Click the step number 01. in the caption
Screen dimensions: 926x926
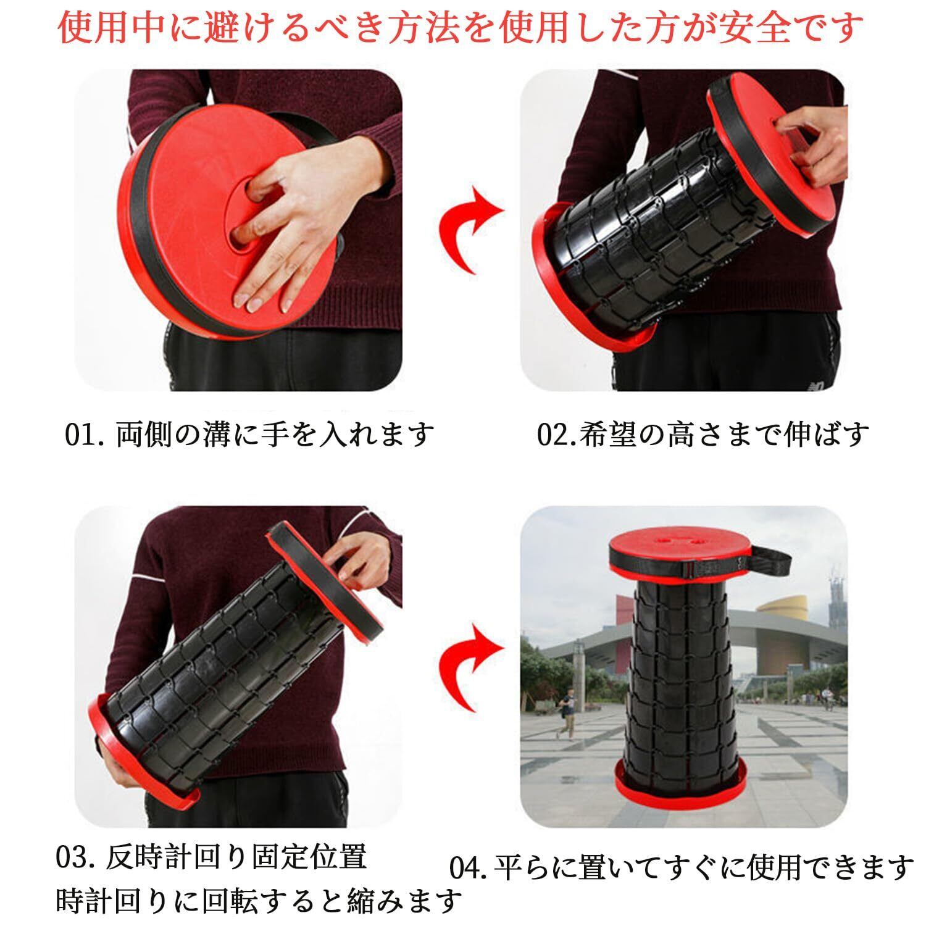tap(87, 435)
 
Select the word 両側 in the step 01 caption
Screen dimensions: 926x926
tap(142, 435)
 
